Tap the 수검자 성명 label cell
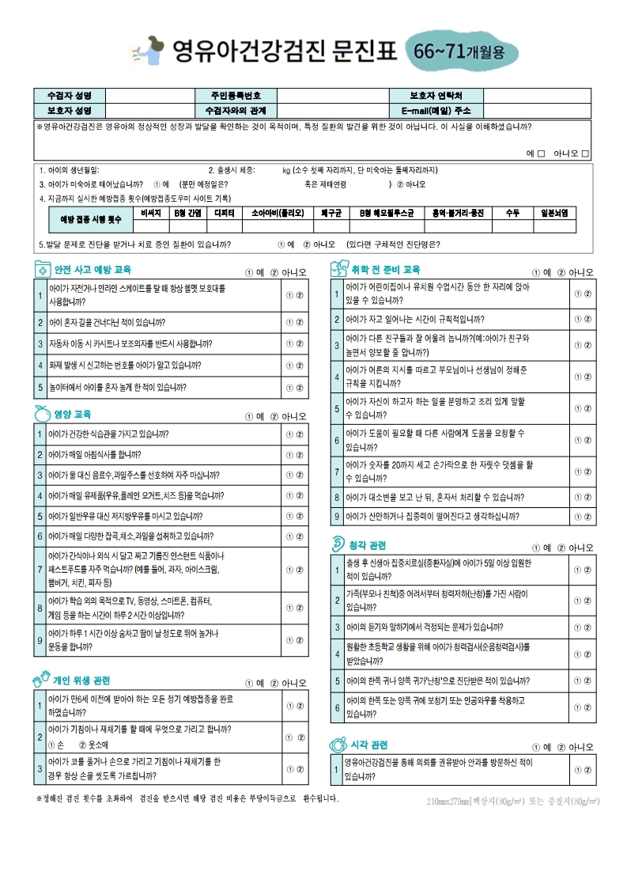(x=70, y=96)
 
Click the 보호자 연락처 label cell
(x=436, y=96)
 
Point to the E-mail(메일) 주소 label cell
(x=436, y=110)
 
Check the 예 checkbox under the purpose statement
(x=542, y=153)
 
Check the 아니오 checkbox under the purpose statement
(x=586, y=153)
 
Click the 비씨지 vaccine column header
(x=150, y=213)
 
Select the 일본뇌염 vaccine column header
(x=558, y=213)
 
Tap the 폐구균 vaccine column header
(x=330, y=213)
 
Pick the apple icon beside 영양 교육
(x=42, y=413)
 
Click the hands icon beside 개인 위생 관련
(x=41, y=680)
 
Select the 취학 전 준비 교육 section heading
(x=385, y=270)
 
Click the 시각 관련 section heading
(x=368, y=745)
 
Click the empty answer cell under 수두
(x=512, y=226)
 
